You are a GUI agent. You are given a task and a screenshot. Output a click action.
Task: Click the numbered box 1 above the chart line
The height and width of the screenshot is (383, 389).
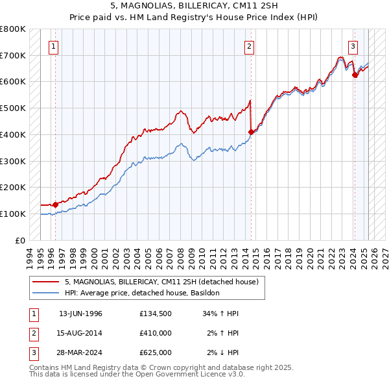click(52, 46)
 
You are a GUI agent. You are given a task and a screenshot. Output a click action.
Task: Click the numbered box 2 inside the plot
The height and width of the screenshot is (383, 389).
click(249, 46)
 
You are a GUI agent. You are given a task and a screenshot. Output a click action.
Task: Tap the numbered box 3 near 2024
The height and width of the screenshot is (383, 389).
click(353, 46)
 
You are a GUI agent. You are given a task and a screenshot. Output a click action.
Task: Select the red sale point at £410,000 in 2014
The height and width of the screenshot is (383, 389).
click(251, 132)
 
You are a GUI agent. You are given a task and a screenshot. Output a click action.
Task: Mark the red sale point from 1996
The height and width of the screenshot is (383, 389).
click(55, 204)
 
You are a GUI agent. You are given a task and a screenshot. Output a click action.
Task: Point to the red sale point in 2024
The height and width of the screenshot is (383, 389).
click(355, 75)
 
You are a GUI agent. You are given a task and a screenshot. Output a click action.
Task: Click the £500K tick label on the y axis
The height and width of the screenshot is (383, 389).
click(13, 108)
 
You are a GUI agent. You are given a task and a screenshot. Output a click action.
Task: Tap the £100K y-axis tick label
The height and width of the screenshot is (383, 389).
click(13, 214)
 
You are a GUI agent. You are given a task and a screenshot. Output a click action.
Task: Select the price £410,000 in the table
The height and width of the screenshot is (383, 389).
click(156, 333)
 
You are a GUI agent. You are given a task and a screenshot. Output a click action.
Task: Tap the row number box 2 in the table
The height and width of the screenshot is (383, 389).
click(33, 333)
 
